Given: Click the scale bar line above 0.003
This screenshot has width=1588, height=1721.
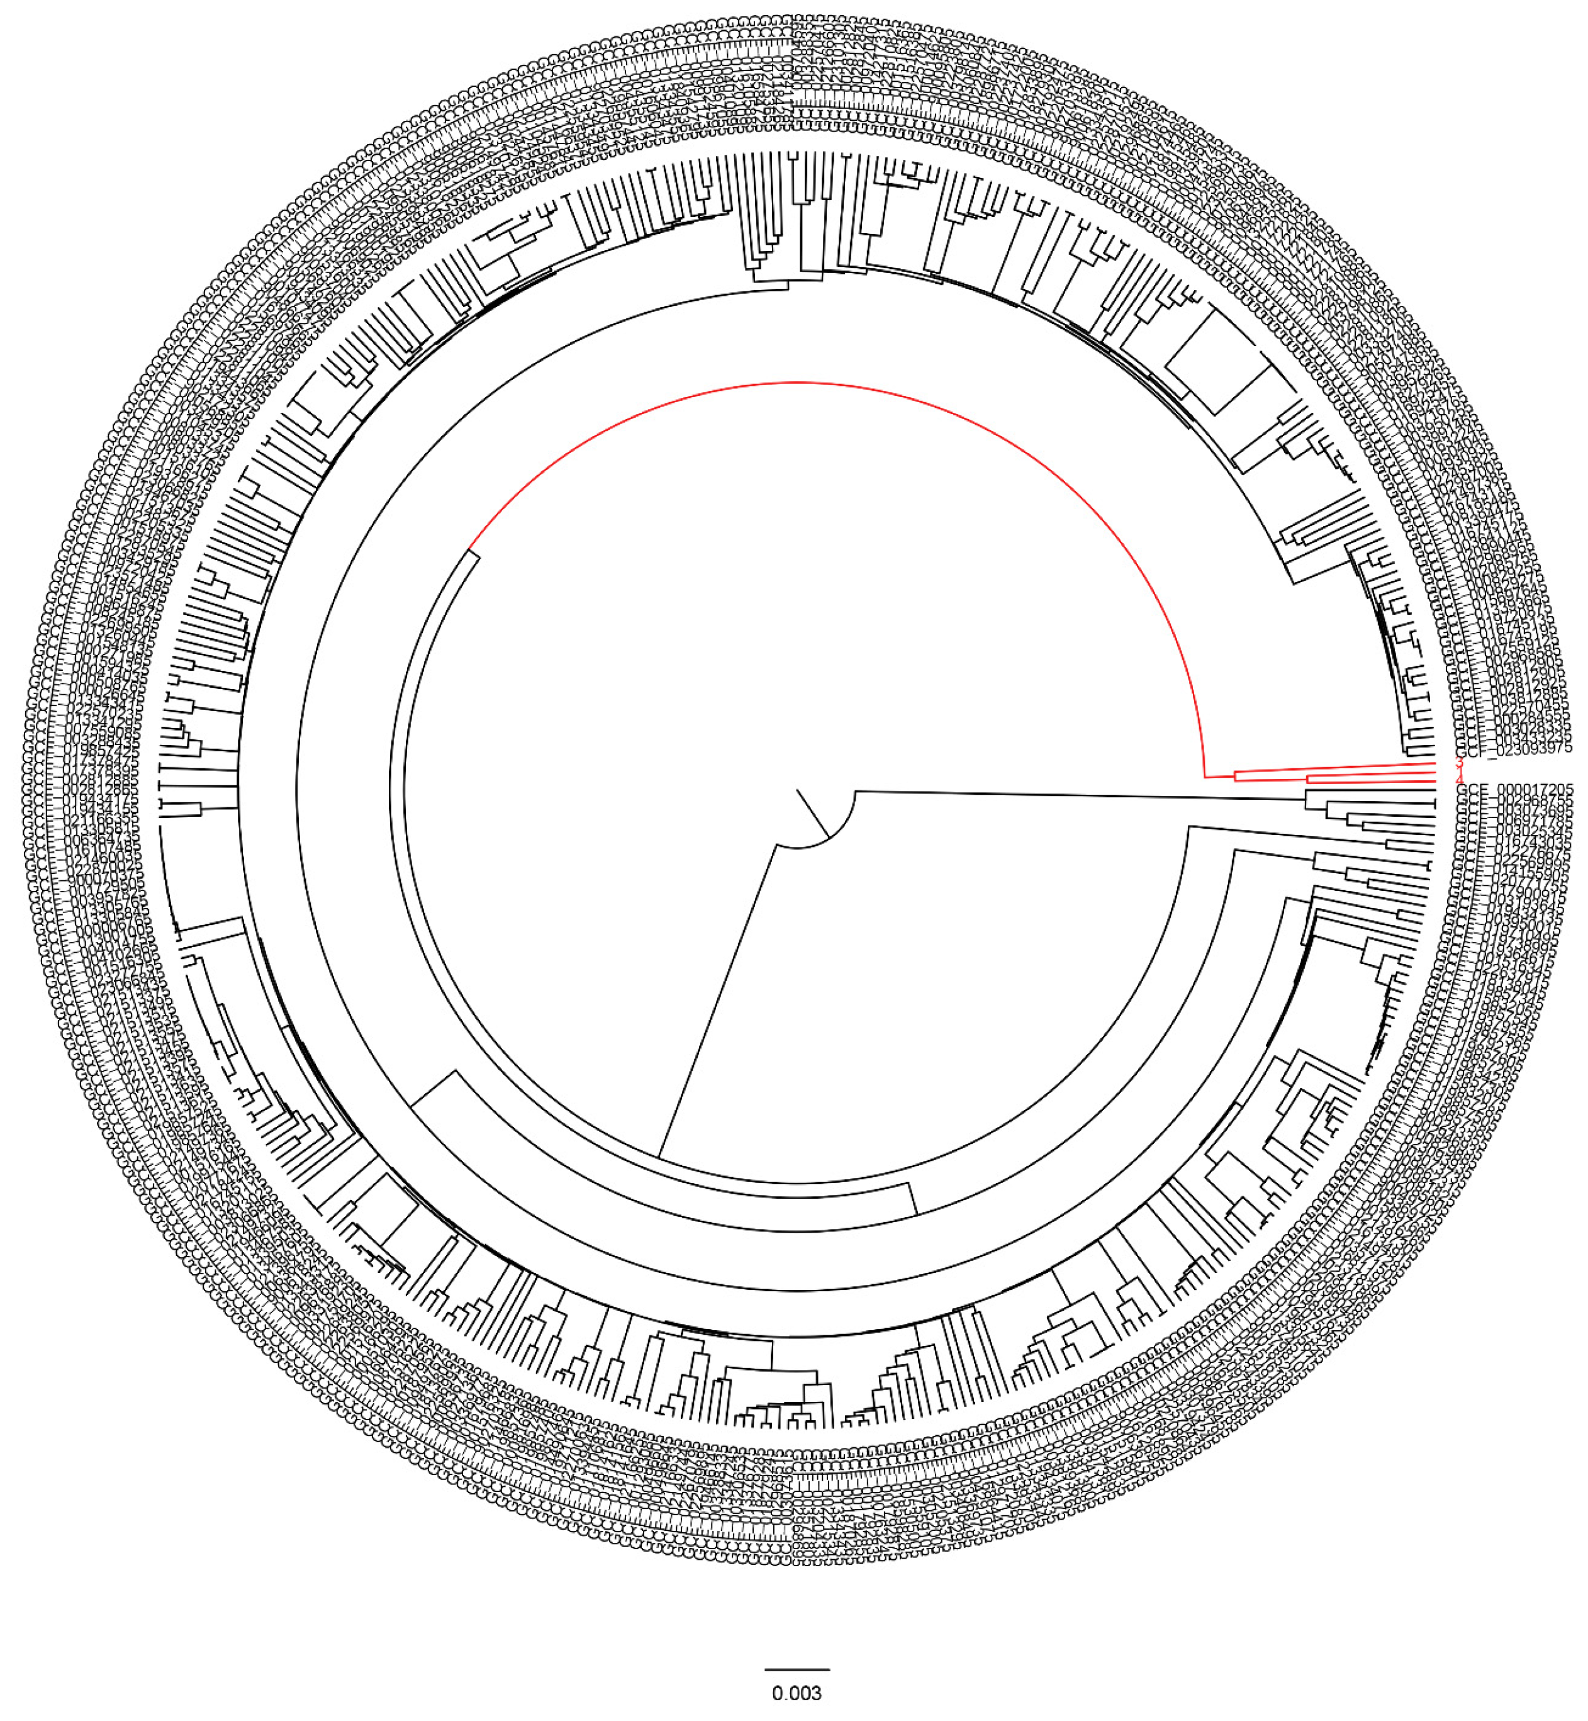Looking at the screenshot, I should [797, 1669].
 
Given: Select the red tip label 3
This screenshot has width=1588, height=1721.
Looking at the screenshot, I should [1458, 762].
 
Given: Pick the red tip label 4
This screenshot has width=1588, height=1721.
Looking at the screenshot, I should [1458, 779].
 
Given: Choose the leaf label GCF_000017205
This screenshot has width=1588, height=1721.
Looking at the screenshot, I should [1514, 788].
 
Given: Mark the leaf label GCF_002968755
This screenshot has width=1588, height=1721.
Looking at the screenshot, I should [1514, 801].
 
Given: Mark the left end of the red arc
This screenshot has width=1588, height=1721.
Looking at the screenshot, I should [469, 547].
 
